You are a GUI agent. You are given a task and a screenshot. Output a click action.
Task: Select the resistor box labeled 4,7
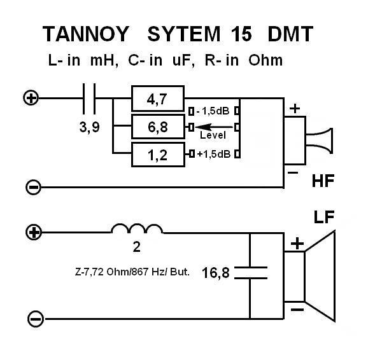click(157, 99)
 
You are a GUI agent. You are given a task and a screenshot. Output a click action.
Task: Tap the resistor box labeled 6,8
click(157, 127)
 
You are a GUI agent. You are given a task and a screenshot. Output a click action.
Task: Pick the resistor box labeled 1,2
click(157, 154)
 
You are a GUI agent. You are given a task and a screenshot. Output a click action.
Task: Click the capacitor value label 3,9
click(89, 127)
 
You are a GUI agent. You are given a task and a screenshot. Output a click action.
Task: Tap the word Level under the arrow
click(213, 135)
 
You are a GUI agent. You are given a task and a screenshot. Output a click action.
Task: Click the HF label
click(324, 182)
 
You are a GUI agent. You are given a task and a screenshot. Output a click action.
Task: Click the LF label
click(324, 218)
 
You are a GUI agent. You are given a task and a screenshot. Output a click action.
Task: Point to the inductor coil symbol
click(136, 230)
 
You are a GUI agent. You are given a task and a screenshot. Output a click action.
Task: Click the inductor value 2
click(136, 246)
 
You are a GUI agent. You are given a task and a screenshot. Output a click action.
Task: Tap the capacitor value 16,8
click(216, 273)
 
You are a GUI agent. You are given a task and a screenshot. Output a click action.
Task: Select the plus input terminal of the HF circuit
click(30, 98)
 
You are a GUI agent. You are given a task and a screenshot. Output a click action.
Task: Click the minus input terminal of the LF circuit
click(35, 318)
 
